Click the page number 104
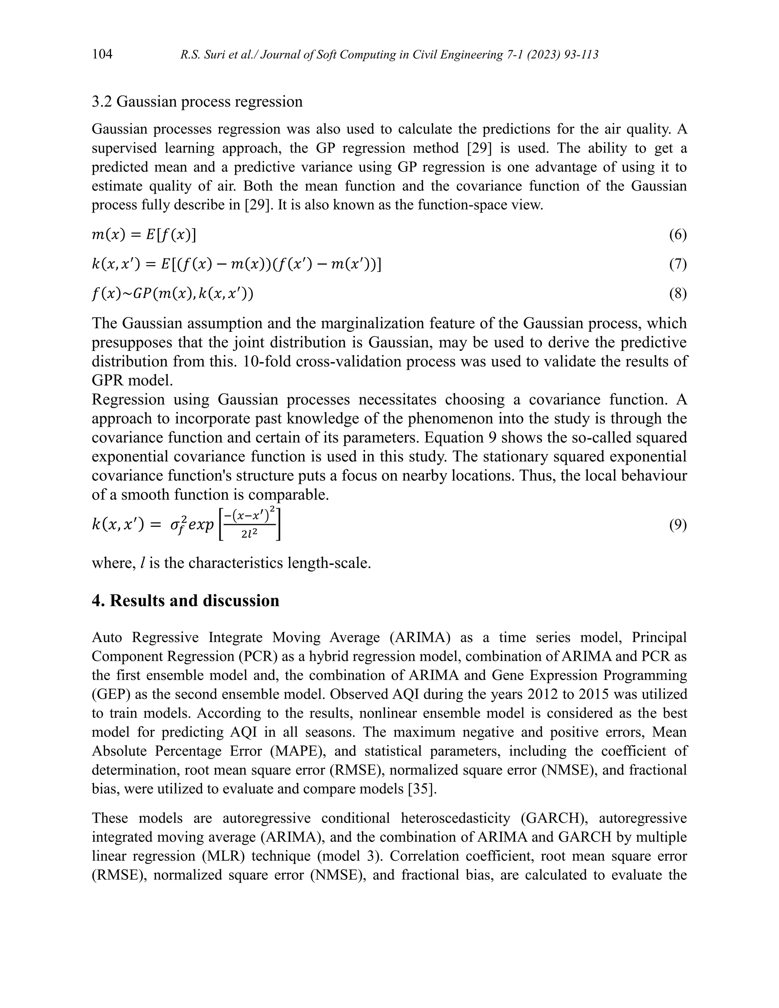[x=102, y=54]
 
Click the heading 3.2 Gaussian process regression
[x=197, y=102]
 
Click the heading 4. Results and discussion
[x=186, y=601]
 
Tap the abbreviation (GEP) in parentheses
[x=111, y=694]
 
